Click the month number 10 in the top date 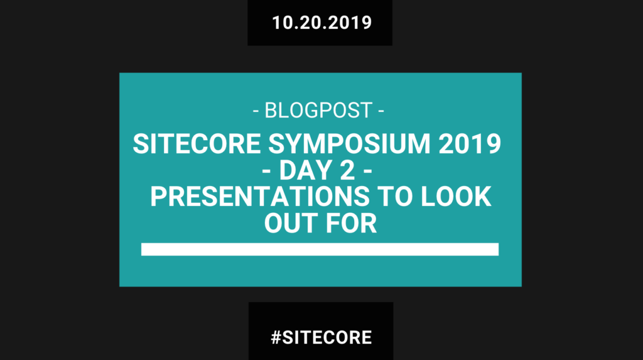coord(282,23)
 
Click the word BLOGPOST coord(318,111)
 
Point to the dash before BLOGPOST coord(256,111)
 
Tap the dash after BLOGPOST coord(381,111)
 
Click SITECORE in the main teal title coord(197,144)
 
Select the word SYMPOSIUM coord(349,144)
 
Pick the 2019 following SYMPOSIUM coord(470,144)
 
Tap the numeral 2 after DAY coord(347,170)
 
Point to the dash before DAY coord(266,171)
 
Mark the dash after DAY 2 coord(367,171)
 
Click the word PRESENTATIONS coord(259,197)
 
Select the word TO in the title coord(395,197)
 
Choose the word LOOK coord(456,197)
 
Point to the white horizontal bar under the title coord(320,249)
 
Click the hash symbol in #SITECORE coord(276,337)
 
